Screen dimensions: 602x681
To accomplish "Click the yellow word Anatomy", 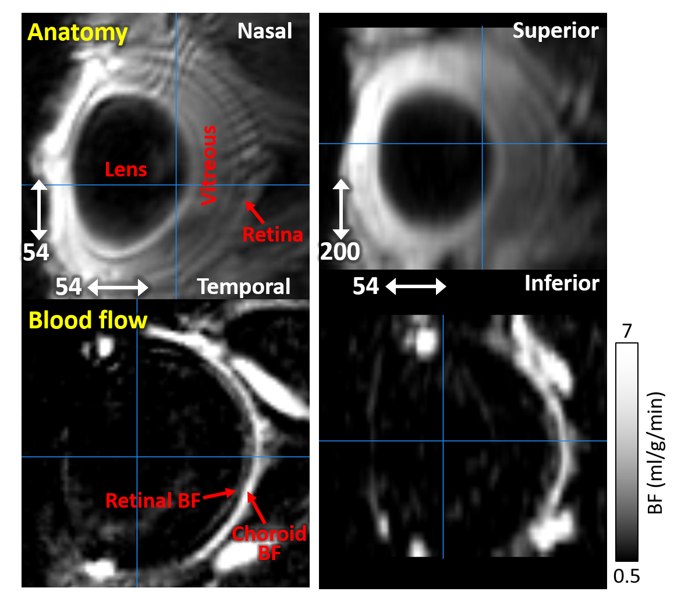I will [77, 33].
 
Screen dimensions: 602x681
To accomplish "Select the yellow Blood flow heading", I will [87, 320].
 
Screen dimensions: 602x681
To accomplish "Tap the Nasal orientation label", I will [264, 31].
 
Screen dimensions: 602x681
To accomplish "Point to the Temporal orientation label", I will [243, 286].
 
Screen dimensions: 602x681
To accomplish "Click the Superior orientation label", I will [555, 31].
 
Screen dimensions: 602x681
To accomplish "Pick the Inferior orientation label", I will [561, 284].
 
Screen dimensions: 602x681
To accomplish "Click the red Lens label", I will [126, 170].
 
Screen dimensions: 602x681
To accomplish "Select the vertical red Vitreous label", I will [208, 165].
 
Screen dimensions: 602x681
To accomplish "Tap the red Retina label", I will [272, 235].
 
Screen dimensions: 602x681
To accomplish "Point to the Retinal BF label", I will [152, 500].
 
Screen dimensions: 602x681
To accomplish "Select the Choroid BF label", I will [269, 542].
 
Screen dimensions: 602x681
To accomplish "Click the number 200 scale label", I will [340, 252].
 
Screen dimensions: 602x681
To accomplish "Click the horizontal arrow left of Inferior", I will [416, 286].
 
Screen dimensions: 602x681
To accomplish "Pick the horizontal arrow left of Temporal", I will [118, 287].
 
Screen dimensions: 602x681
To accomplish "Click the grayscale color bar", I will [626, 451].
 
